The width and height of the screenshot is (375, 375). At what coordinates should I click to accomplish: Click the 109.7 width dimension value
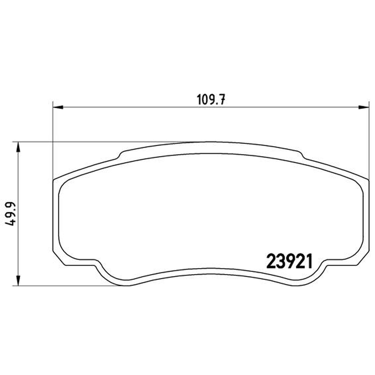pos(211,99)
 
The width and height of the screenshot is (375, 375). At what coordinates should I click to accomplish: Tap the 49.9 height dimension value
pos(10,214)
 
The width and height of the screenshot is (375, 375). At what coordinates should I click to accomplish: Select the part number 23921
pos(289,262)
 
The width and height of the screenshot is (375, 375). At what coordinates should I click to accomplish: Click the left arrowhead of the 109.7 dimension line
pos(58,107)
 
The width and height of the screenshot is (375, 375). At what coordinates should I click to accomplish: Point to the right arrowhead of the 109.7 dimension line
pos(364,107)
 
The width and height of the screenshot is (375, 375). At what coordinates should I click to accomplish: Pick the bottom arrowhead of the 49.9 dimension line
pos(18,280)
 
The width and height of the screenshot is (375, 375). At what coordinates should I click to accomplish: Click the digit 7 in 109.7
pos(222,99)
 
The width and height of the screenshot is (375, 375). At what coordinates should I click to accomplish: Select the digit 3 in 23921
pos(280,262)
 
